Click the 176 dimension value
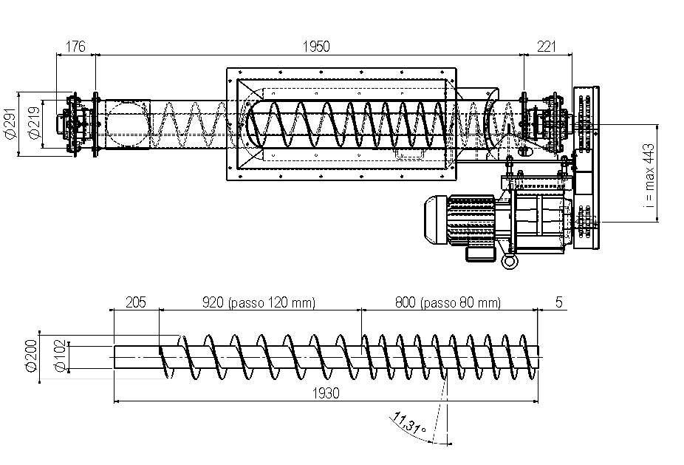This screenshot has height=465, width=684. (x=75, y=47)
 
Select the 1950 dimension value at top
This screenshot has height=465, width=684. (x=316, y=47)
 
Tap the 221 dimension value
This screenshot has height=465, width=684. (x=546, y=47)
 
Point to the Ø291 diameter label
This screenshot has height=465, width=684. (x=10, y=123)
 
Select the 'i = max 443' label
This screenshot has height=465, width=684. (x=649, y=176)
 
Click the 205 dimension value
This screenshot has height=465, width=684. (x=136, y=302)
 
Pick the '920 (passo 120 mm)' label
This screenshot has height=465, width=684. (x=259, y=302)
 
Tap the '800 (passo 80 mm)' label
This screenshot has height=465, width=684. (x=448, y=302)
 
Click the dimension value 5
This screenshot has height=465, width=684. (x=559, y=302)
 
